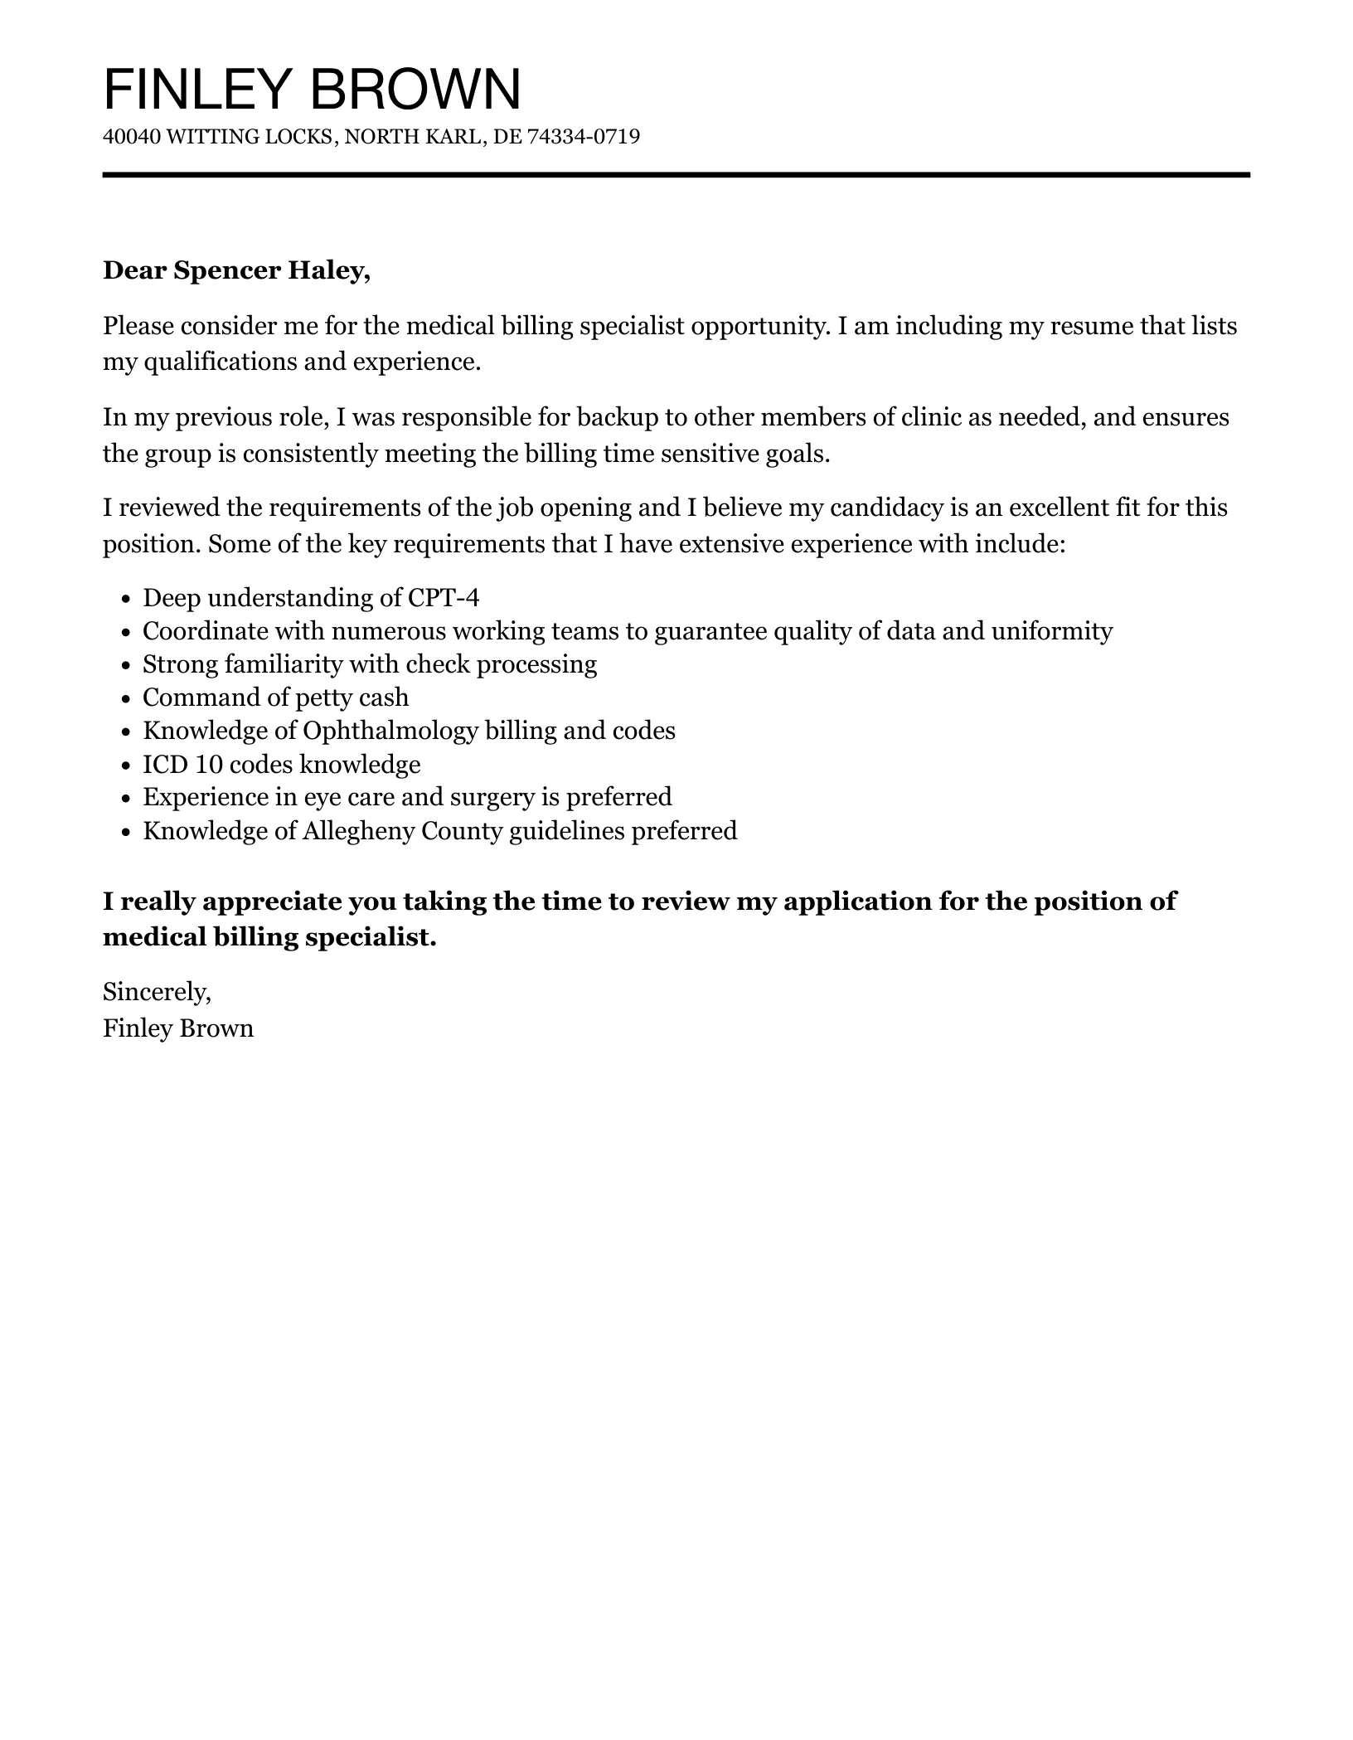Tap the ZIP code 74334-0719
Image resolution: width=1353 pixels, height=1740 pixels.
tap(583, 136)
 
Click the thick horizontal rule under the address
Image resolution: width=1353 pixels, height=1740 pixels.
tap(676, 175)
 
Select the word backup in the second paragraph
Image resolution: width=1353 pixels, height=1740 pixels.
tap(612, 416)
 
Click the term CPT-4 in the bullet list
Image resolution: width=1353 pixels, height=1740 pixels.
tap(444, 598)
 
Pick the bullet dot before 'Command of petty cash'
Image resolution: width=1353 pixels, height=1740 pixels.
tap(126, 699)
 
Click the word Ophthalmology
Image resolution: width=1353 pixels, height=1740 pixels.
tap(390, 731)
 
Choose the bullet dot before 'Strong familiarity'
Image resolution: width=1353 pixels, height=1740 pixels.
tap(126, 666)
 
